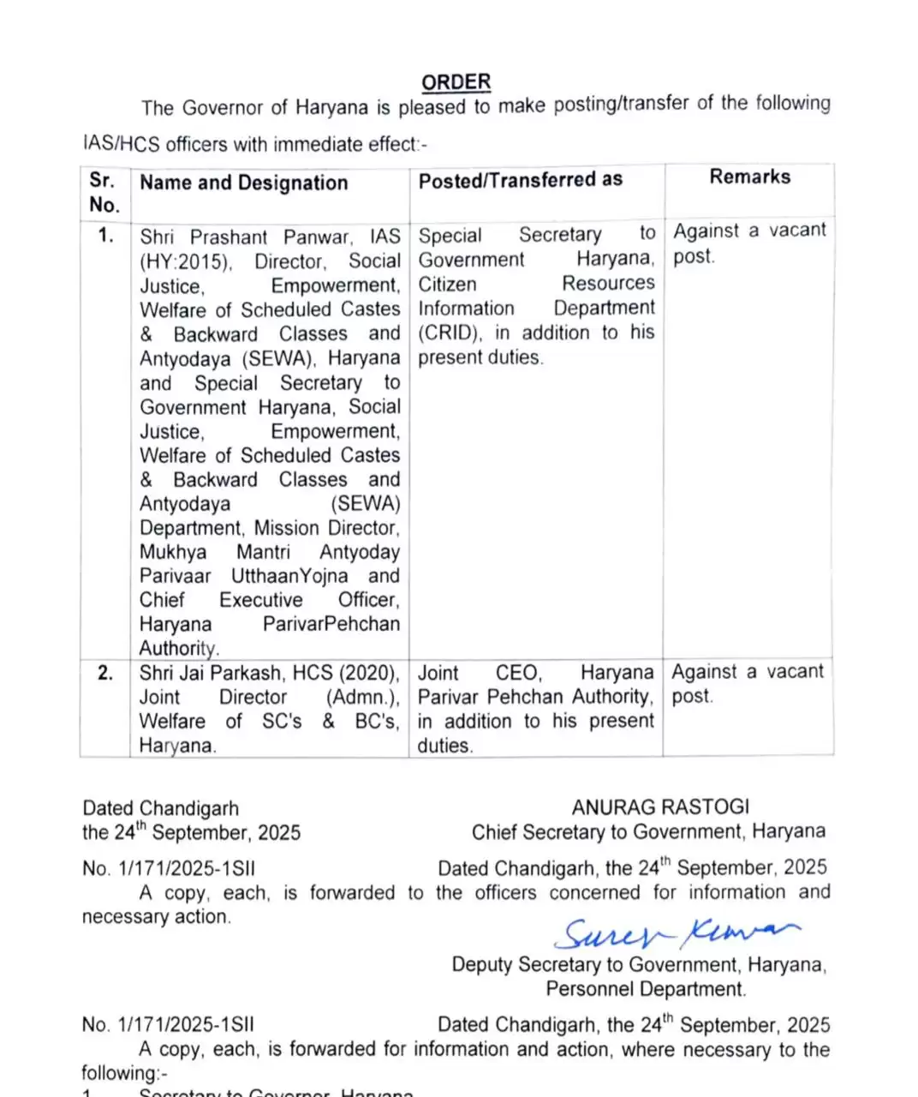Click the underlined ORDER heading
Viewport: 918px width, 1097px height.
[456, 82]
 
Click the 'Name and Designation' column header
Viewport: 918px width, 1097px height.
[243, 183]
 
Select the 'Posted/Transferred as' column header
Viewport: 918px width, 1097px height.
[520, 180]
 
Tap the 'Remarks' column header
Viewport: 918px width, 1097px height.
[749, 177]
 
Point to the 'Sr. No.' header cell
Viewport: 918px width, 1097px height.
[103, 192]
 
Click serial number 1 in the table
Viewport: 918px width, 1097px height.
[104, 236]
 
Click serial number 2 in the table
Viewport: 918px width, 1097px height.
[104, 673]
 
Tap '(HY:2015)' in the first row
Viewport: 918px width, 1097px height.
[185, 261]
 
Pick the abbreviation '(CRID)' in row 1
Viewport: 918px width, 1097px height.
[450, 333]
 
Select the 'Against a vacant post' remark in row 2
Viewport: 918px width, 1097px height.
[747, 683]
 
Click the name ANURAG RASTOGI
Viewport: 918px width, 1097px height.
[660, 807]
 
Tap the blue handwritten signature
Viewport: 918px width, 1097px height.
[677, 932]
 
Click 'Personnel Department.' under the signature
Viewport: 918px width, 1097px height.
[646, 989]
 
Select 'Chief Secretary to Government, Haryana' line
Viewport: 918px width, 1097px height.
[648, 831]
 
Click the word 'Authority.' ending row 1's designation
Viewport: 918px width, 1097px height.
[179, 649]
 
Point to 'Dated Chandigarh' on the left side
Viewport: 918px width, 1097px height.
[160, 808]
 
